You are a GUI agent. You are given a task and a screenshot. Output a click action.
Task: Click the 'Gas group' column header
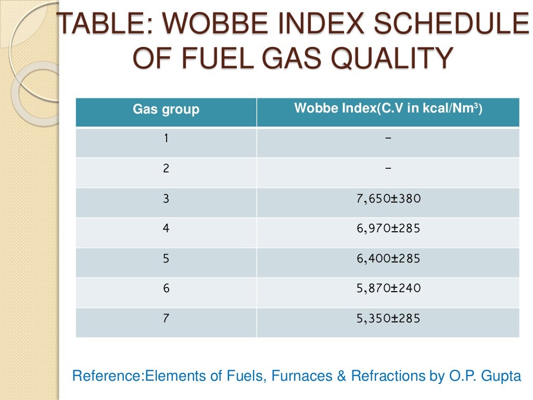[x=166, y=110]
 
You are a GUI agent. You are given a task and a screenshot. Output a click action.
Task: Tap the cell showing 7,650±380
[x=388, y=198]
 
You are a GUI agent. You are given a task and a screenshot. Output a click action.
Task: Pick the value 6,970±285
[x=388, y=228]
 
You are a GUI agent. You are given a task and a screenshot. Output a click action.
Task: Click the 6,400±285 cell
[x=388, y=258]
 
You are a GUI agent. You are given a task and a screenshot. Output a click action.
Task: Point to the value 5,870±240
[x=388, y=288]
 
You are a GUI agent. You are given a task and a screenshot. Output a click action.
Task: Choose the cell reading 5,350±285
[x=388, y=318]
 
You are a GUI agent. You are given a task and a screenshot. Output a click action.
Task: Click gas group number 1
[x=166, y=139]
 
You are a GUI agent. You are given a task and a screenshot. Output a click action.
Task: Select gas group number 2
[x=166, y=168]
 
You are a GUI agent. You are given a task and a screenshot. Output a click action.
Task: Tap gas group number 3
[x=166, y=198]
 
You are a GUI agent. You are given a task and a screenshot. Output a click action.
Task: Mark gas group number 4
[x=166, y=228]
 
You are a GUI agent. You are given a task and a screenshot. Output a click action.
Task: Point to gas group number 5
[x=166, y=258]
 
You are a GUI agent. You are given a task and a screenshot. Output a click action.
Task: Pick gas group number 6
[x=166, y=288]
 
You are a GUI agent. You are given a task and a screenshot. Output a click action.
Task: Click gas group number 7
[x=166, y=318]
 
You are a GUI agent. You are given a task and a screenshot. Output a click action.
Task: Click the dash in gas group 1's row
[x=388, y=139]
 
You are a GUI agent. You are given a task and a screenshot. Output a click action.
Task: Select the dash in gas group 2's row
[x=388, y=168]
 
